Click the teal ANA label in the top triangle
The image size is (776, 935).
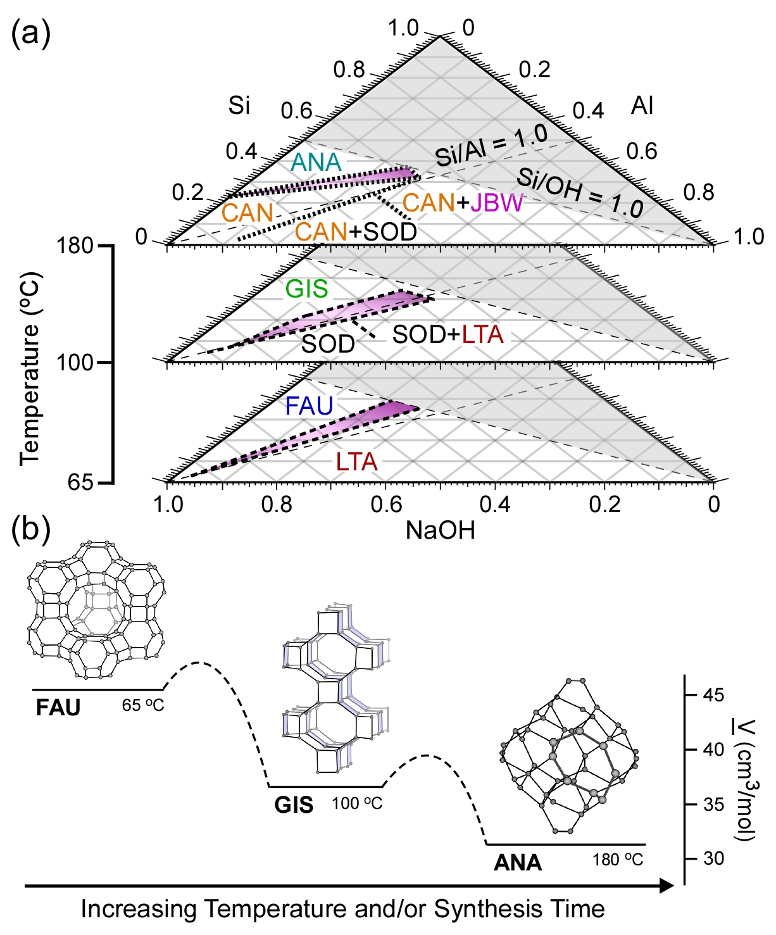click(x=316, y=163)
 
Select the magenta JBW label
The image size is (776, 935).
click(x=497, y=203)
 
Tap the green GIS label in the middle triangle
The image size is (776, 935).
click(x=307, y=289)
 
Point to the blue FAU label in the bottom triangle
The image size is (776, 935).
click(x=309, y=406)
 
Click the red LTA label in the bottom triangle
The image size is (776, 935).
click(x=356, y=462)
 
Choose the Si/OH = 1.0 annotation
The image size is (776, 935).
click(x=580, y=193)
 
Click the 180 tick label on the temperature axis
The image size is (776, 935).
click(x=75, y=246)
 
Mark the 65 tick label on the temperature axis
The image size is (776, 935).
click(x=80, y=482)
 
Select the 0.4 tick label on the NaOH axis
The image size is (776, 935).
click(x=495, y=505)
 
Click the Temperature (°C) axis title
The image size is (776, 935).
click(x=30, y=368)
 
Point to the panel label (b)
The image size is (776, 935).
click(x=31, y=530)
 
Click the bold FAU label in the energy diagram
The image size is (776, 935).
click(x=58, y=707)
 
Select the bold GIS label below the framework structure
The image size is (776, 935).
click(x=294, y=805)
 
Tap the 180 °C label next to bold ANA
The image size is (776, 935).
click(x=618, y=860)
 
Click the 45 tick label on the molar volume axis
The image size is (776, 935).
click(x=713, y=695)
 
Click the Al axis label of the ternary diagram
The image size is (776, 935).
click(x=642, y=106)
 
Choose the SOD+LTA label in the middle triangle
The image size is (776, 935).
click(x=447, y=334)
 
